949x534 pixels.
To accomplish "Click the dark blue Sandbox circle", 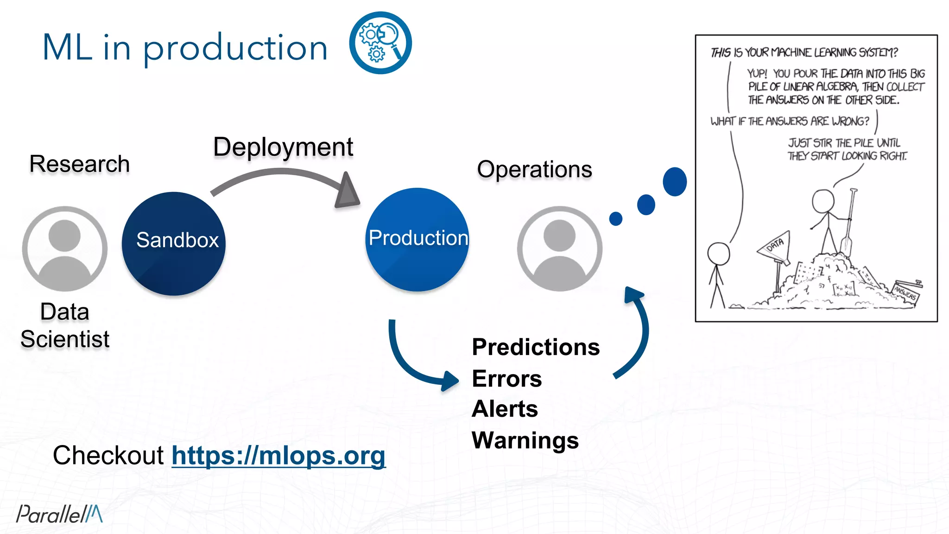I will point(174,243).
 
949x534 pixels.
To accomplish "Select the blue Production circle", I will point(417,239).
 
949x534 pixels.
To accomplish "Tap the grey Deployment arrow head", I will point(348,191).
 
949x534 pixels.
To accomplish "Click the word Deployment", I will point(283,147).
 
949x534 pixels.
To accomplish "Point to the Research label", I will point(79,164).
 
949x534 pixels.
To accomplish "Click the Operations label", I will point(534,169).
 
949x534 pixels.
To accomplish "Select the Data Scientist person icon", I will point(65,249).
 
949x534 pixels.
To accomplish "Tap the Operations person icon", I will point(559,249).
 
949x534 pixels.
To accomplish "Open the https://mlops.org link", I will point(278,456).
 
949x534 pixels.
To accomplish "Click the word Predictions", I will point(536,347).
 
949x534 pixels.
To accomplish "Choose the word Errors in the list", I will point(506,379).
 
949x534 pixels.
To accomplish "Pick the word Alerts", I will point(505,409).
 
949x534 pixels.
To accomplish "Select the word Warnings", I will point(525,440).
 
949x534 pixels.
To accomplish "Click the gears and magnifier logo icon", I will point(380,43).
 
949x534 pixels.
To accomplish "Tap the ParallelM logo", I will point(59,514).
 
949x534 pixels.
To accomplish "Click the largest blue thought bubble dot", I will point(674,182).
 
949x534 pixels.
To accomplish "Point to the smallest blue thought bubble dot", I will point(615,218).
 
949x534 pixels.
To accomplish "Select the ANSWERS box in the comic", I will point(906,292).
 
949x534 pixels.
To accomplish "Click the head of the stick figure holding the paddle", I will point(823,201).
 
